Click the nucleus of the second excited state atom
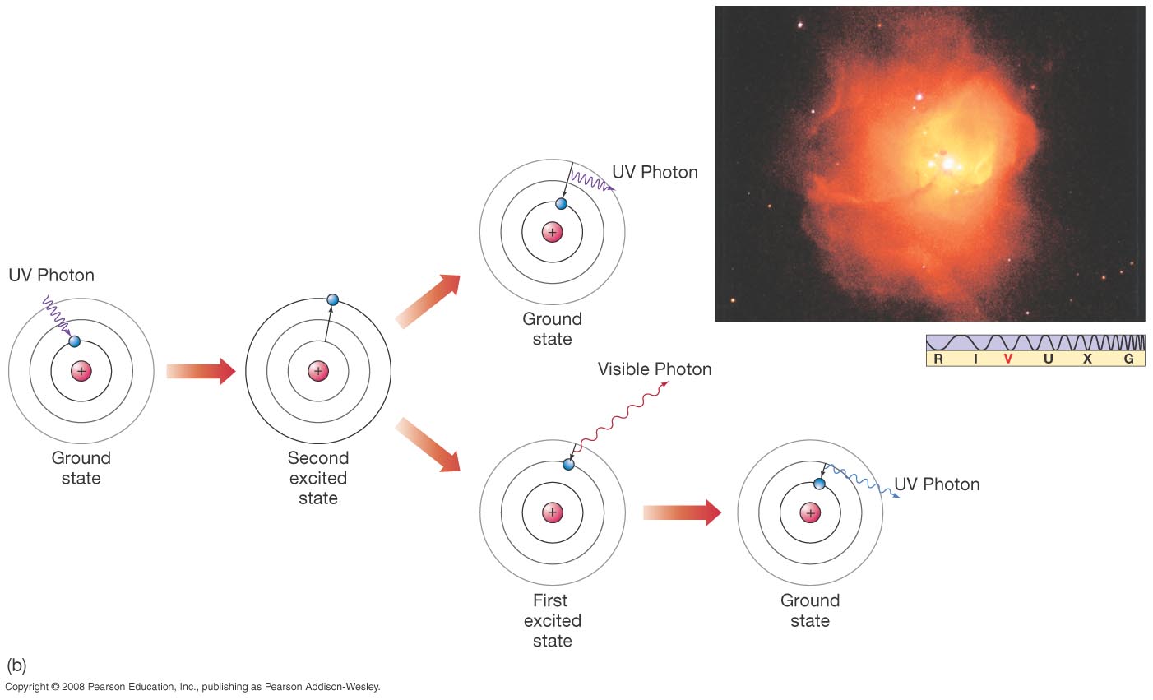(318, 372)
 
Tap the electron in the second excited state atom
(332, 300)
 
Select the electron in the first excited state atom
(568, 464)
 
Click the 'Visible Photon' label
(655, 369)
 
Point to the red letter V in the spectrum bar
(1007, 359)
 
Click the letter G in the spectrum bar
(1129, 359)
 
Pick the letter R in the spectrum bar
(938, 359)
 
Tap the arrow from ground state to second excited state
(201, 372)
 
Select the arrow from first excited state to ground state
(681, 513)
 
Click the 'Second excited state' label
(318, 478)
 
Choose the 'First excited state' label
(552, 621)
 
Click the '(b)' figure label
(16, 665)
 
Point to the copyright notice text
(192, 687)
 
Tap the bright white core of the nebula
(948, 164)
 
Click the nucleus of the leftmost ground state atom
(81, 372)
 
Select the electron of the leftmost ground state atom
(75, 341)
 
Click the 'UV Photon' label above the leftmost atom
(52, 275)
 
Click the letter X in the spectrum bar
(1087, 359)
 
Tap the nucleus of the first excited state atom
(552, 513)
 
